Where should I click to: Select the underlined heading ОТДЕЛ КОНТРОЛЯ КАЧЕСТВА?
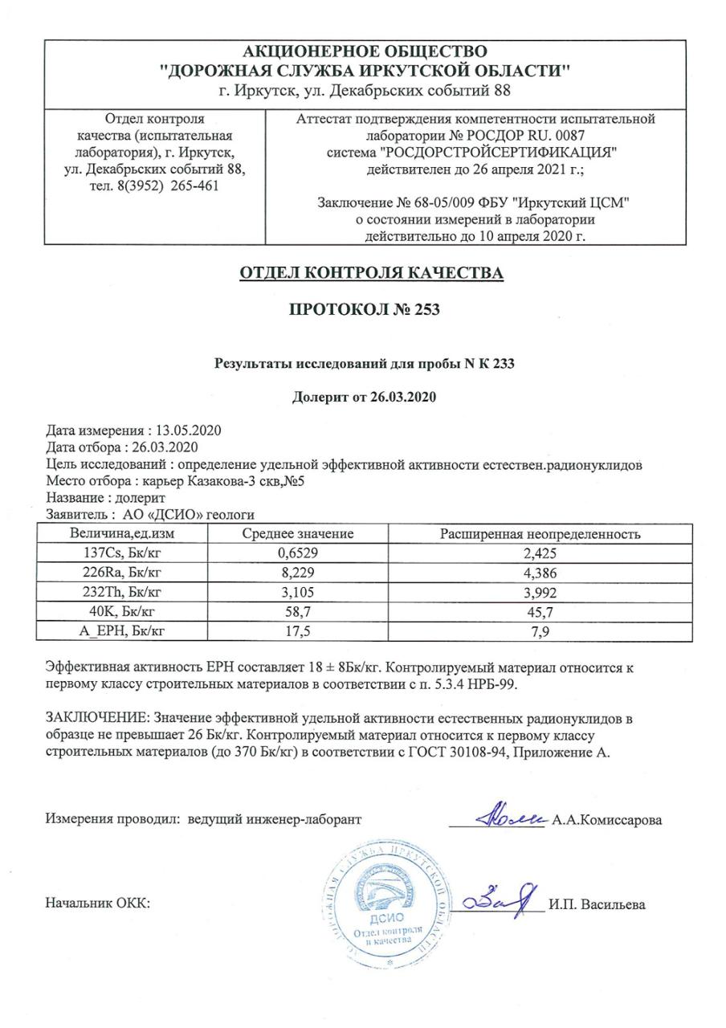coord(371,273)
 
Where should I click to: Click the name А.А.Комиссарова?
coord(607,820)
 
